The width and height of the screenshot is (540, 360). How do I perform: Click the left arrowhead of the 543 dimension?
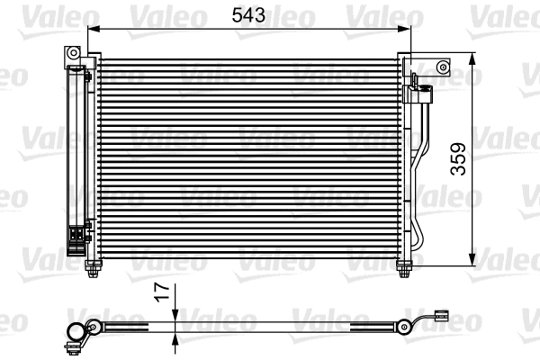(x=93, y=29)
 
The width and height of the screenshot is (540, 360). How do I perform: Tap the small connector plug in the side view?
(x=441, y=316)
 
